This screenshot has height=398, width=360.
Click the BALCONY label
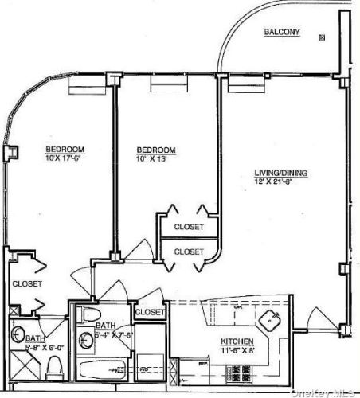point(282,32)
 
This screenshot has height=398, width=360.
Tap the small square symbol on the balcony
point(322,37)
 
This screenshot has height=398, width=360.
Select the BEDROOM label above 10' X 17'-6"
point(65,150)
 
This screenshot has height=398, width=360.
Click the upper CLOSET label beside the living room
point(189,227)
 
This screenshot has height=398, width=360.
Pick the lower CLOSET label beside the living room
point(189,251)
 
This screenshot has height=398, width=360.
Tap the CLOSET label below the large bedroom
point(26,283)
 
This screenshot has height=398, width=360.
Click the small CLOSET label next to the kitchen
point(149,312)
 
